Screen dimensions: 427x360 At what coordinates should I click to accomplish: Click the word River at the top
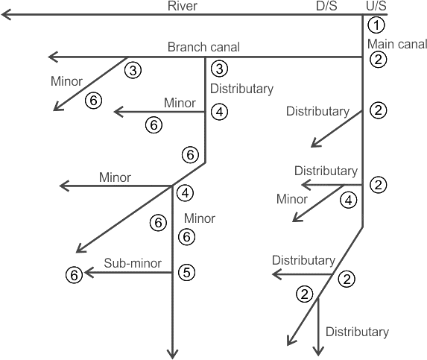182,6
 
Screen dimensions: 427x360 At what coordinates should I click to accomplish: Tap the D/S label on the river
326,6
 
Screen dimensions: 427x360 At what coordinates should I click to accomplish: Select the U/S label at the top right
376,6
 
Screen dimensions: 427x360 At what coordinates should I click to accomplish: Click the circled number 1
376,25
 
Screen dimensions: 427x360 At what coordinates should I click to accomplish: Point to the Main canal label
397,44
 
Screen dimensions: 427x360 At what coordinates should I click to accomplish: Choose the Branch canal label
203,47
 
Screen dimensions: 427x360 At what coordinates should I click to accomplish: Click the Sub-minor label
133,263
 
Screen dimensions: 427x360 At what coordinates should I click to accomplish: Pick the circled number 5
187,272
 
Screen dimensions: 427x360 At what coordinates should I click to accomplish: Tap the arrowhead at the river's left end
6,14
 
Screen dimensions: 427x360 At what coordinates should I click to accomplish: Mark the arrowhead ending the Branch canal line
53,57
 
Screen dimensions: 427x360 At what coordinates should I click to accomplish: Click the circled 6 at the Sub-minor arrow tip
74,275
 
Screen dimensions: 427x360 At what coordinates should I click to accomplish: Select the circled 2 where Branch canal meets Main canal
378,59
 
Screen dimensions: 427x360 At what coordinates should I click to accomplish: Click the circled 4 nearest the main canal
349,200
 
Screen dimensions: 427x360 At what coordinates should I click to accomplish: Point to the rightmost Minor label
292,199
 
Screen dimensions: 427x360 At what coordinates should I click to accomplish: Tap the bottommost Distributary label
357,332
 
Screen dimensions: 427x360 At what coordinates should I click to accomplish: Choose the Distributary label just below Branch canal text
241,89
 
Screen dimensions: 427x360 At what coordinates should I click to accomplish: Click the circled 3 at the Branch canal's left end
133,70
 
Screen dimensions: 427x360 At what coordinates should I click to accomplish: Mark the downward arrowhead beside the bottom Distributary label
318,351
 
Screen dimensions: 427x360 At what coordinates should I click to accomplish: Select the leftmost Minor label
66,81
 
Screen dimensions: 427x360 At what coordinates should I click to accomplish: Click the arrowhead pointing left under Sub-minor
89,272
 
